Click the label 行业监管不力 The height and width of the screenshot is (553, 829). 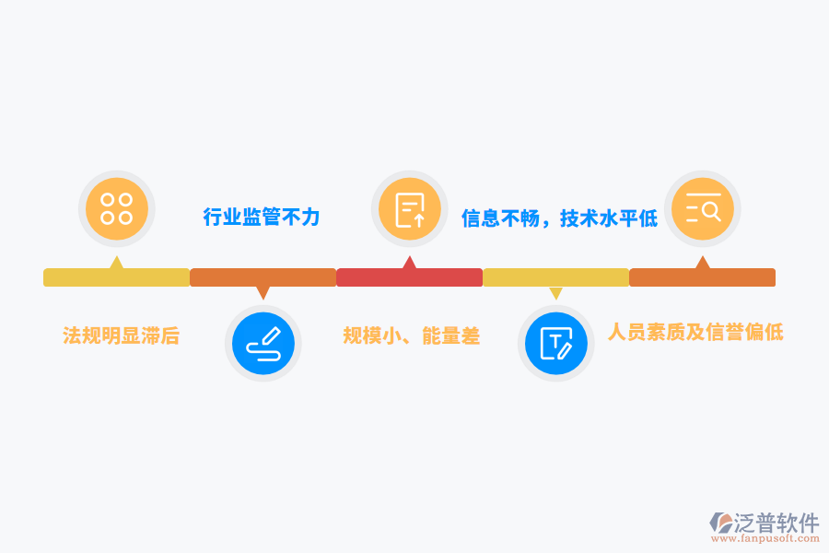[262, 217]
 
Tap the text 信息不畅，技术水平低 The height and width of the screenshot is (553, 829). [559, 218]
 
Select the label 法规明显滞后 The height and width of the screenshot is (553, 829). [121, 335]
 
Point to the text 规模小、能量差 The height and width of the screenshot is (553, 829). [412, 335]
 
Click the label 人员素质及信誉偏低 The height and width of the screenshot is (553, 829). [695, 332]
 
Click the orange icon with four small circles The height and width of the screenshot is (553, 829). [117, 209]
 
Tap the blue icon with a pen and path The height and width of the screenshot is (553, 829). [263, 344]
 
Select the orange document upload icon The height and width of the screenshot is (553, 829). [410, 209]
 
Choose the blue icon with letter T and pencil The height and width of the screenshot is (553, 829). [556, 344]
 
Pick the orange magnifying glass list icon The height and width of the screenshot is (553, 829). [703, 209]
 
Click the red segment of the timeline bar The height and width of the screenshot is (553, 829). [409, 277]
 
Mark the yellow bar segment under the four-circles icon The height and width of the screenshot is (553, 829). [116, 277]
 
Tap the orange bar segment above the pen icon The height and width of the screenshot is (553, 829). [263, 277]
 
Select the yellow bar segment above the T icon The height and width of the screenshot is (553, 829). [556, 277]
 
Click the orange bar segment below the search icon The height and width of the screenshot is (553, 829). [702, 277]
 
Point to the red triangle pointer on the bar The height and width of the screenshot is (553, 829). [409, 263]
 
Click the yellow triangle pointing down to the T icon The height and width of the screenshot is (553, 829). [555, 293]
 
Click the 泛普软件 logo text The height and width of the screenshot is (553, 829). [776, 523]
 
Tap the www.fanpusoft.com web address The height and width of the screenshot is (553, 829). [765, 538]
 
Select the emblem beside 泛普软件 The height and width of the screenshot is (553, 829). [720, 523]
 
